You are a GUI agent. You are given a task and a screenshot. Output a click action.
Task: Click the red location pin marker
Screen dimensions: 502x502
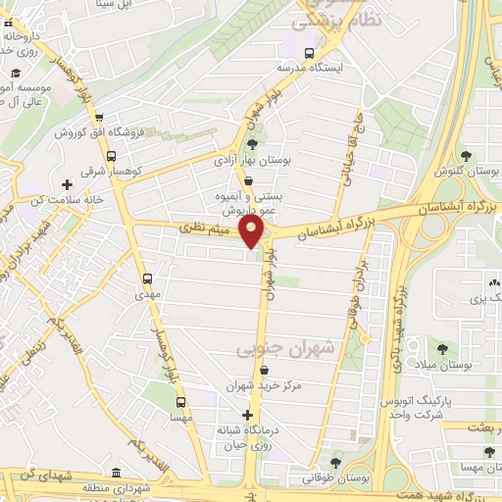(x=253, y=231)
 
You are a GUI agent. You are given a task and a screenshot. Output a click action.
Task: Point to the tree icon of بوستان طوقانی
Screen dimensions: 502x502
(x=336, y=463)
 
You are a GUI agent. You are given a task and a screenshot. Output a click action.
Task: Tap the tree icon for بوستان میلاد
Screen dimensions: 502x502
(x=442, y=348)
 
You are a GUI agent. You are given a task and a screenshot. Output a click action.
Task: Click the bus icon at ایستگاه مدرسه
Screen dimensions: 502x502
(x=309, y=54)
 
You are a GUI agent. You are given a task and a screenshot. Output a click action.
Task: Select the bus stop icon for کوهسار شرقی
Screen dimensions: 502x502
(x=111, y=155)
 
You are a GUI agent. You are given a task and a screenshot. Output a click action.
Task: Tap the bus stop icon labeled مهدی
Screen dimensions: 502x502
(x=147, y=278)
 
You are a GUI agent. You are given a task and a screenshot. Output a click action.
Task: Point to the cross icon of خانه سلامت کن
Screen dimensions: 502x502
(x=68, y=183)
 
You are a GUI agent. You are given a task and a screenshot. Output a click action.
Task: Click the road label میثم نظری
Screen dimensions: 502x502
(x=209, y=228)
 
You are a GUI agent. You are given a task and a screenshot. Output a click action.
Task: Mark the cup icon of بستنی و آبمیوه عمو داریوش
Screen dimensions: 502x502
(x=247, y=181)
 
